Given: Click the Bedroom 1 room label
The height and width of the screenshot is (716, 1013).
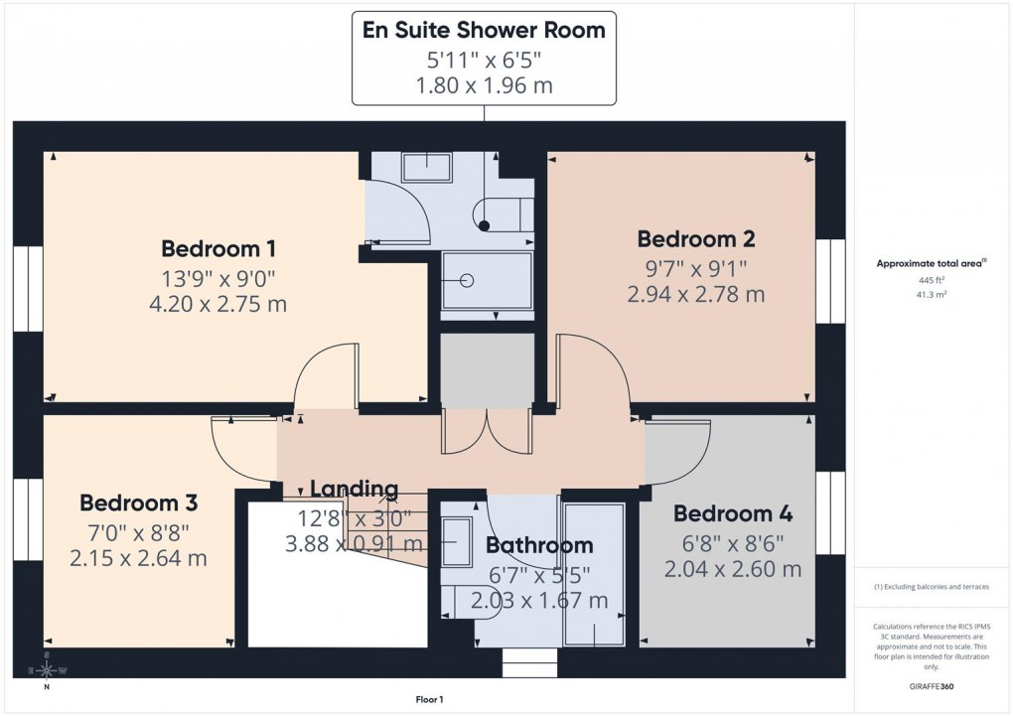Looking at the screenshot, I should [218, 247].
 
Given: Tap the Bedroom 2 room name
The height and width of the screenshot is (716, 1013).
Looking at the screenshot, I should [696, 238].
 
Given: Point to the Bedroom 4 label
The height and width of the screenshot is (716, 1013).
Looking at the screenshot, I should [733, 513].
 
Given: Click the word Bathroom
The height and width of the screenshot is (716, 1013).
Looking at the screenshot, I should [539, 544].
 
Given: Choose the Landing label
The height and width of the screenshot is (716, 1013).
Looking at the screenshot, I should [354, 488].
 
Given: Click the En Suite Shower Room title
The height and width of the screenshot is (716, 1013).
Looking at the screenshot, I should [484, 30].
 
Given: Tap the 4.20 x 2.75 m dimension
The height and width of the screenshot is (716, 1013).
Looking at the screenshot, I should [218, 303].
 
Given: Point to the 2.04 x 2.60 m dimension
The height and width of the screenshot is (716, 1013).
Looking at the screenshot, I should [733, 569].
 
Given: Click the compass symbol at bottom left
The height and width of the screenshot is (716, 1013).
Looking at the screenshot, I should [46, 669].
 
